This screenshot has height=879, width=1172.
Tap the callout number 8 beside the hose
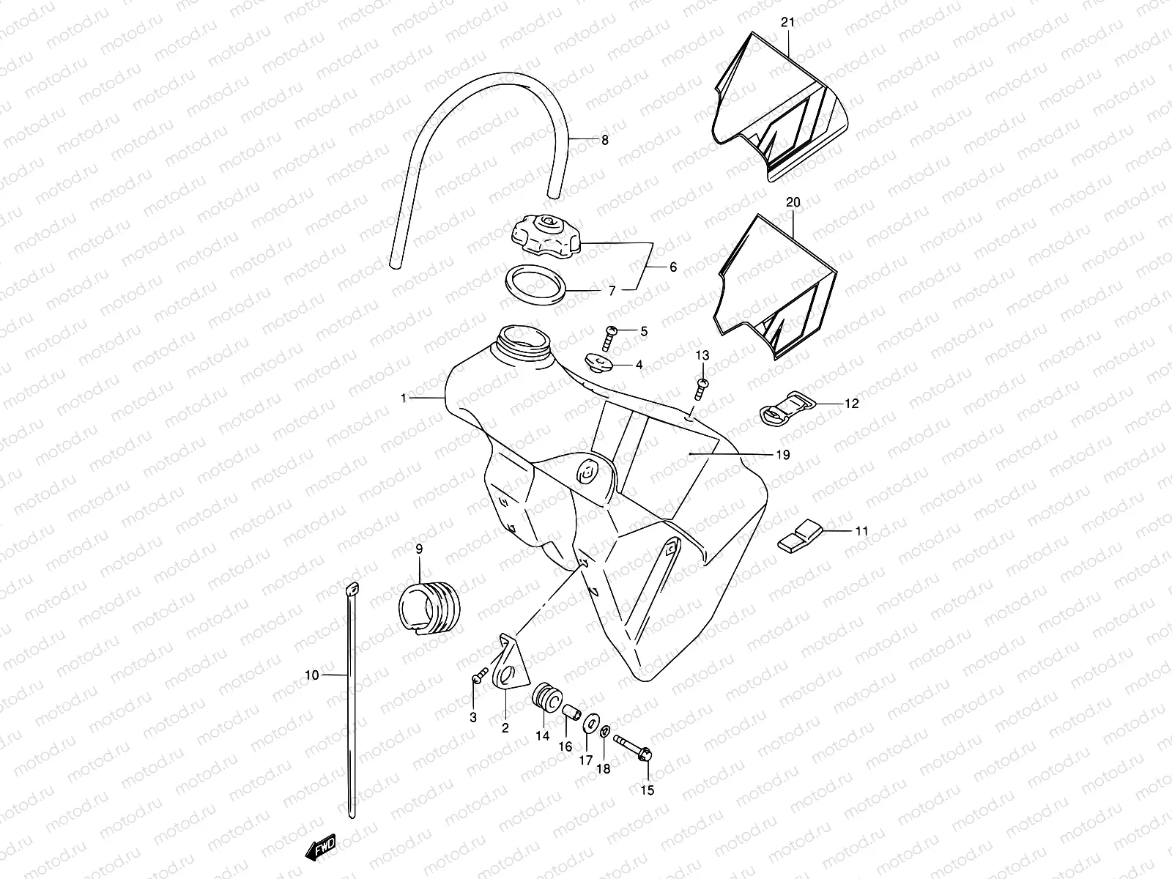(x=604, y=140)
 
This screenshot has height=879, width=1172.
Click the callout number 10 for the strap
(x=312, y=675)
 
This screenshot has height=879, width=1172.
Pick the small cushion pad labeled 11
(x=801, y=535)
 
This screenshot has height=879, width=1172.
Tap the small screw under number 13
(x=702, y=388)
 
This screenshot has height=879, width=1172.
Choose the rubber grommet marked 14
(x=545, y=697)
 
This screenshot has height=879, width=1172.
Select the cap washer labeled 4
(x=596, y=362)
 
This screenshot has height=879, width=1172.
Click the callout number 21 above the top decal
(x=787, y=23)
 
